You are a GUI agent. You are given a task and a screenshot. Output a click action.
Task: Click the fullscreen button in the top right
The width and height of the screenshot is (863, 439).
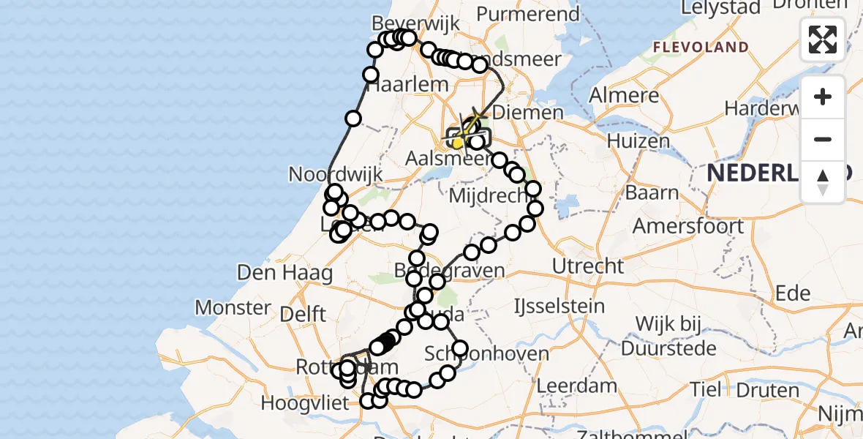(823, 40)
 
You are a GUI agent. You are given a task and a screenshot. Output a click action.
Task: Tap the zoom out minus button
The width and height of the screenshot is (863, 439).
(823, 139)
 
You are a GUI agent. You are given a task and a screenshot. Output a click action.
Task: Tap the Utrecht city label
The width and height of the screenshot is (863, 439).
(588, 266)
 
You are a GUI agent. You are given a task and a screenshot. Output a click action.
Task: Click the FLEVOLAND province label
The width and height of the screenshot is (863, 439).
(701, 48)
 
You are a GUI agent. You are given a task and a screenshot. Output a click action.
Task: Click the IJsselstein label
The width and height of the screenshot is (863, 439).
(559, 305)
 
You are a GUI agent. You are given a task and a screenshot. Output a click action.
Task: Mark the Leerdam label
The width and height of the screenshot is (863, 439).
(569, 385)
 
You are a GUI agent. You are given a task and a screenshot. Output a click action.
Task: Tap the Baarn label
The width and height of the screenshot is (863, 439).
(651, 193)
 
